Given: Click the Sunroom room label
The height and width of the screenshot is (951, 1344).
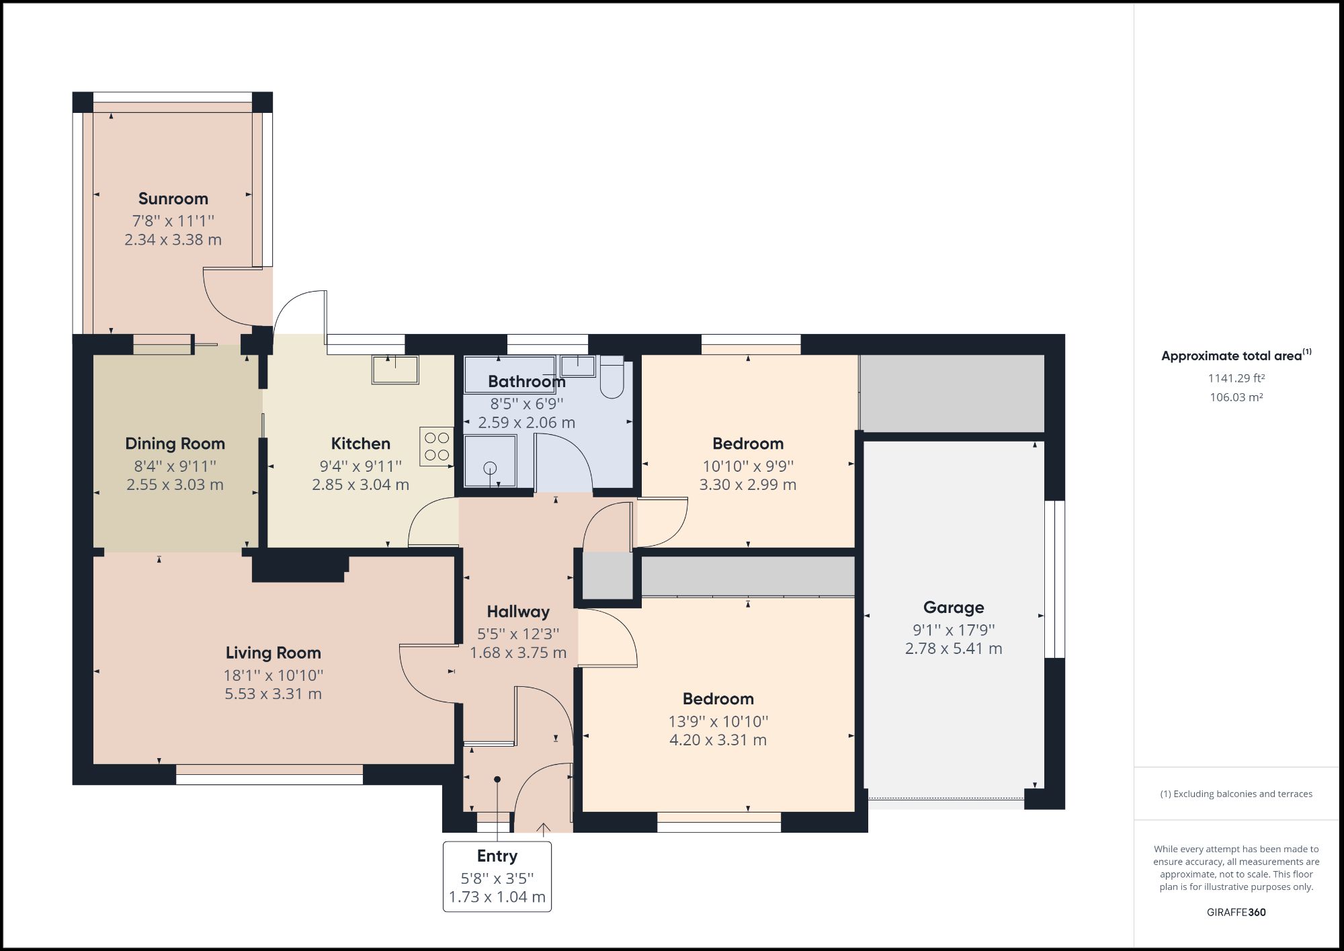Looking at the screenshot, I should click(x=173, y=199).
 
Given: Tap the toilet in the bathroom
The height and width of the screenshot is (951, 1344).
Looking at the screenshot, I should click(x=612, y=380).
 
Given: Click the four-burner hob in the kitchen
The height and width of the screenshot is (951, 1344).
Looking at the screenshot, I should click(x=437, y=446).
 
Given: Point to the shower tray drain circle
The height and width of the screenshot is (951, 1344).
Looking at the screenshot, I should click(x=491, y=468).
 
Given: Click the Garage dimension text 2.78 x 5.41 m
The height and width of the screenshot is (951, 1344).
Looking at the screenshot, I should click(x=953, y=649).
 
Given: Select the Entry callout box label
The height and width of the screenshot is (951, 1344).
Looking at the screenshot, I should click(x=497, y=856).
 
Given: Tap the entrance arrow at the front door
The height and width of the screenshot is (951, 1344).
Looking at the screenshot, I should click(x=543, y=829).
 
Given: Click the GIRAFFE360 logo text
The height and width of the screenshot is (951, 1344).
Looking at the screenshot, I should click(x=1236, y=912).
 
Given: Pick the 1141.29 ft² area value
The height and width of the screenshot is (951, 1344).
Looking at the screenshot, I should click(x=1236, y=378).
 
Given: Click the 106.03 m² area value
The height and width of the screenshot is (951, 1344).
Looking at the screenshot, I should click(x=1236, y=397).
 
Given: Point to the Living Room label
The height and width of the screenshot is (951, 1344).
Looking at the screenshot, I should click(x=273, y=653).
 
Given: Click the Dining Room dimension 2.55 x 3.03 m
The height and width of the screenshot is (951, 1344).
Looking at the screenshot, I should click(x=175, y=485).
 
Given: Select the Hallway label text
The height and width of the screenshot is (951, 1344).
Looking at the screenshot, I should click(x=518, y=612).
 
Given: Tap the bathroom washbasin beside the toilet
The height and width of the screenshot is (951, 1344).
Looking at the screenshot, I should click(x=578, y=366).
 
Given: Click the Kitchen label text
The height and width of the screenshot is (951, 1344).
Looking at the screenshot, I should click(x=360, y=444).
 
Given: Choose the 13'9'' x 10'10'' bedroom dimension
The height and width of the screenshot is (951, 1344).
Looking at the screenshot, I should click(x=718, y=721).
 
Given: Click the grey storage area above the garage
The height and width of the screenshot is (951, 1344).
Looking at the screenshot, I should click(x=952, y=393).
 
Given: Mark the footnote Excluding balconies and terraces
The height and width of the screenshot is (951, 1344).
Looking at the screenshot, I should click(x=1236, y=794).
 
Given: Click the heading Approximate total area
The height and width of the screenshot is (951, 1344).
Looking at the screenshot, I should click(x=1231, y=356).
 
